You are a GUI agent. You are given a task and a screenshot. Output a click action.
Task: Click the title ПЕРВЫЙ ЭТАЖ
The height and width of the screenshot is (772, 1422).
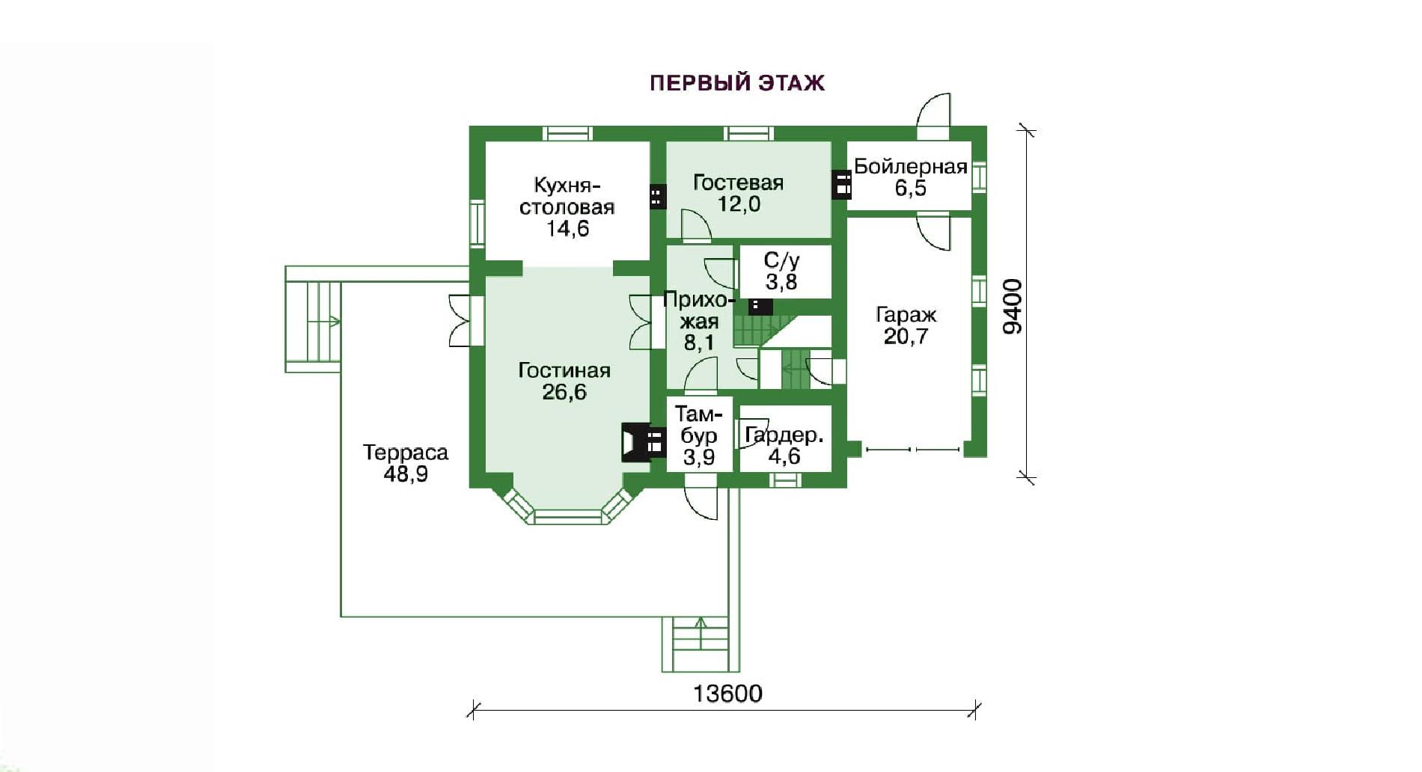point(737,82)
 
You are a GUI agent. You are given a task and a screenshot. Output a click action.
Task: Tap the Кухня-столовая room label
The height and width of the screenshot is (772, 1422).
point(567,196)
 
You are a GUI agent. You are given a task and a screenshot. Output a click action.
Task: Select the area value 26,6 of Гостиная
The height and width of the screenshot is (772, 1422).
point(564,392)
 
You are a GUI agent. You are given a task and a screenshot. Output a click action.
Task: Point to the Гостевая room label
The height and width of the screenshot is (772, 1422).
point(738,183)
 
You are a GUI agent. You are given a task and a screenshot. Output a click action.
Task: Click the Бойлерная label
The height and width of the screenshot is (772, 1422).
point(911,166)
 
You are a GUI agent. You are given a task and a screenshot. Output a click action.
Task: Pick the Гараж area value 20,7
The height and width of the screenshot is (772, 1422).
point(906,337)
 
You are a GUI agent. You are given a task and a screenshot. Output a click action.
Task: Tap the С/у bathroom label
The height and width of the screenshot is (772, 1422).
point(781,260)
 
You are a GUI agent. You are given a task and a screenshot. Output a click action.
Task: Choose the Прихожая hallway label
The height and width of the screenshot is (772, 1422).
point(696,311)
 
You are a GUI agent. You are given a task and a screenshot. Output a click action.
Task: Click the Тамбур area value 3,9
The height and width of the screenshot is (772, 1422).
point(699,456)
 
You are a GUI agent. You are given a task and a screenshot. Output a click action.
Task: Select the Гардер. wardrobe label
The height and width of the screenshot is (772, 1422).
point(784,435)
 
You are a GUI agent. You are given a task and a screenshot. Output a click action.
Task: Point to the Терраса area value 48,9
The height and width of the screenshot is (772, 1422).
point(406,474)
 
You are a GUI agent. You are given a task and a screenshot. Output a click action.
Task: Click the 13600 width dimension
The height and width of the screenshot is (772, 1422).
point(727,693)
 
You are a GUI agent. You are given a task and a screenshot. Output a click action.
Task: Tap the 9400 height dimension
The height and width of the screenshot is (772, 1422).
point(1012,306)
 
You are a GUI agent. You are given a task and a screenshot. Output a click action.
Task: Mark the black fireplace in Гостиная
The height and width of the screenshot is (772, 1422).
point(643,442)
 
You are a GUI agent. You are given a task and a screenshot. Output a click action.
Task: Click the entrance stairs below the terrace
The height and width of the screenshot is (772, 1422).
point(695,644)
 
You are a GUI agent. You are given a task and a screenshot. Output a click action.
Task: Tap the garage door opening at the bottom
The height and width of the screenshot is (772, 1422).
point(912,450)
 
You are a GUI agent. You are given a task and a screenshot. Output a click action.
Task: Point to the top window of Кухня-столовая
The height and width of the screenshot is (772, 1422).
point(567,134)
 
